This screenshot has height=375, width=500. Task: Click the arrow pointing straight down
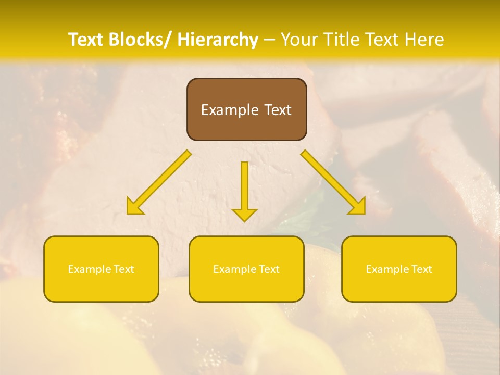[244, 190]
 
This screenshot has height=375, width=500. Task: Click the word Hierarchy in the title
[218, 40]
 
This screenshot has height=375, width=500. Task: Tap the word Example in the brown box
[230, 110]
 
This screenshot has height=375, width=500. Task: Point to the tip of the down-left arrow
[128, 213]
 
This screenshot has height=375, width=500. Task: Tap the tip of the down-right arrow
[364, 213]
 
